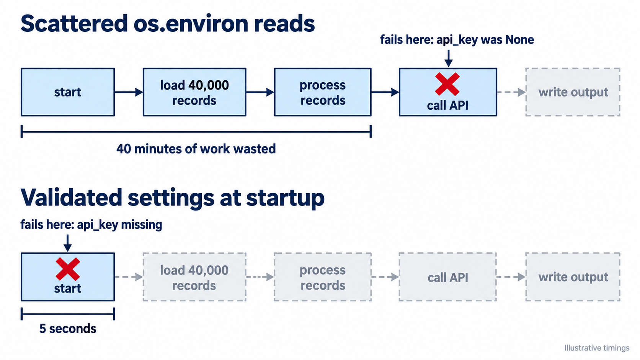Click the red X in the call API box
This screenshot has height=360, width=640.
[x=447, y=84]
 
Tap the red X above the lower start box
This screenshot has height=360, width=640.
[x=68, y=269]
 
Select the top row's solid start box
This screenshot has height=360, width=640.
[x=68, y=92]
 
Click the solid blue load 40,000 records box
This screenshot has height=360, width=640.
[x=194, y=92]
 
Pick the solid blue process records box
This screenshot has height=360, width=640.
[x=323, y=92]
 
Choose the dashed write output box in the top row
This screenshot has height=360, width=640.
[x=573, y=92]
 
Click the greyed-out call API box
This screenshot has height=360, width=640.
[x=447, y=277]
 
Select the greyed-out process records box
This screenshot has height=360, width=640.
[x=323, y=277]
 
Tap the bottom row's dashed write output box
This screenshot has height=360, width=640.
[x=573, y=277]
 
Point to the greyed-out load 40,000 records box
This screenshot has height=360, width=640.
[x=194, y=277]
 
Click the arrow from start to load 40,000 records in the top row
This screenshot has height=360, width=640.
[x=129, y=92]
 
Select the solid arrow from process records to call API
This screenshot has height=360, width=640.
[x=385, y=92]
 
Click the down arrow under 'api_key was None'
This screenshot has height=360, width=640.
[x=448, y=59]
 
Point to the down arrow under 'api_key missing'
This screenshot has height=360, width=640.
[x=67, y=243]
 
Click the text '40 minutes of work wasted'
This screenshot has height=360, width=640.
[x=196, y=149]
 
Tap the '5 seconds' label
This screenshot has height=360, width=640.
[x=68, y=329]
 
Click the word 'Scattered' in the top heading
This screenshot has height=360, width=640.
[x=74, y=23]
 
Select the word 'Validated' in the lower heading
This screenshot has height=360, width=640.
[x=71, y=197]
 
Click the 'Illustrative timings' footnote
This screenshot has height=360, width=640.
[x=597, y=348]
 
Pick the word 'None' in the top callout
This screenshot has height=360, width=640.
[x=519, y=39]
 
